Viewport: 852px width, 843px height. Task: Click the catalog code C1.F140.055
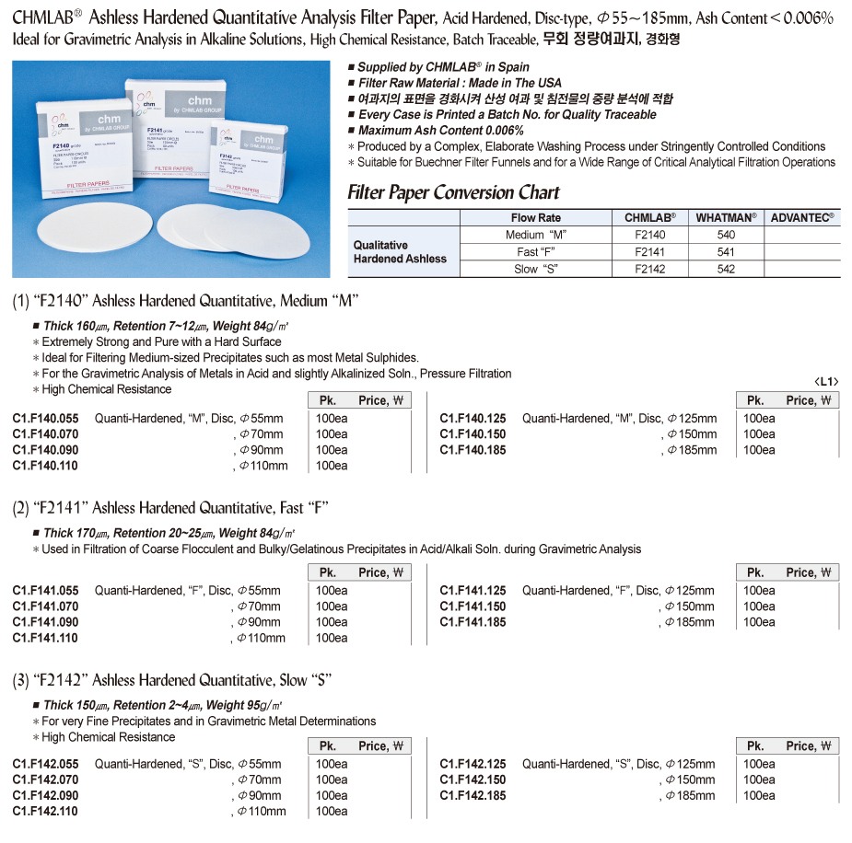[x=46, y=418]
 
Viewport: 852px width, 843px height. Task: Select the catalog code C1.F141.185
[x=473, y=622]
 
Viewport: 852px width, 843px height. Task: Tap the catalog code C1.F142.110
[x=46, y=811]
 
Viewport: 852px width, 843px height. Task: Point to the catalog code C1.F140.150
[x=473, y=433]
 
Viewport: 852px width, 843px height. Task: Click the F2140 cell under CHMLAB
[x=649, y=235]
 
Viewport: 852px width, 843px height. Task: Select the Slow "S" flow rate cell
[x=535, y=269]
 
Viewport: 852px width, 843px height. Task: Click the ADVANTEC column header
[x=802, y=217]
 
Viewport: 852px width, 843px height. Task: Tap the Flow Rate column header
[x=535, y=217]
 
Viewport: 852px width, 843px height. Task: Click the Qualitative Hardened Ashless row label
[x=400, y=251]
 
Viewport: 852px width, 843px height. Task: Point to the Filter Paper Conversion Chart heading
[x=453, y=192]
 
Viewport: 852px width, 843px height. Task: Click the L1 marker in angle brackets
[x=827, y=381]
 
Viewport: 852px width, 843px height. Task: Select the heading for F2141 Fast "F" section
[x=170, y=508]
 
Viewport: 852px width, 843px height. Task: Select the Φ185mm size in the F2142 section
[x=690, y=795]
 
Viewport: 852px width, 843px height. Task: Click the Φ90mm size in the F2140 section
[x=261, y=450]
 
